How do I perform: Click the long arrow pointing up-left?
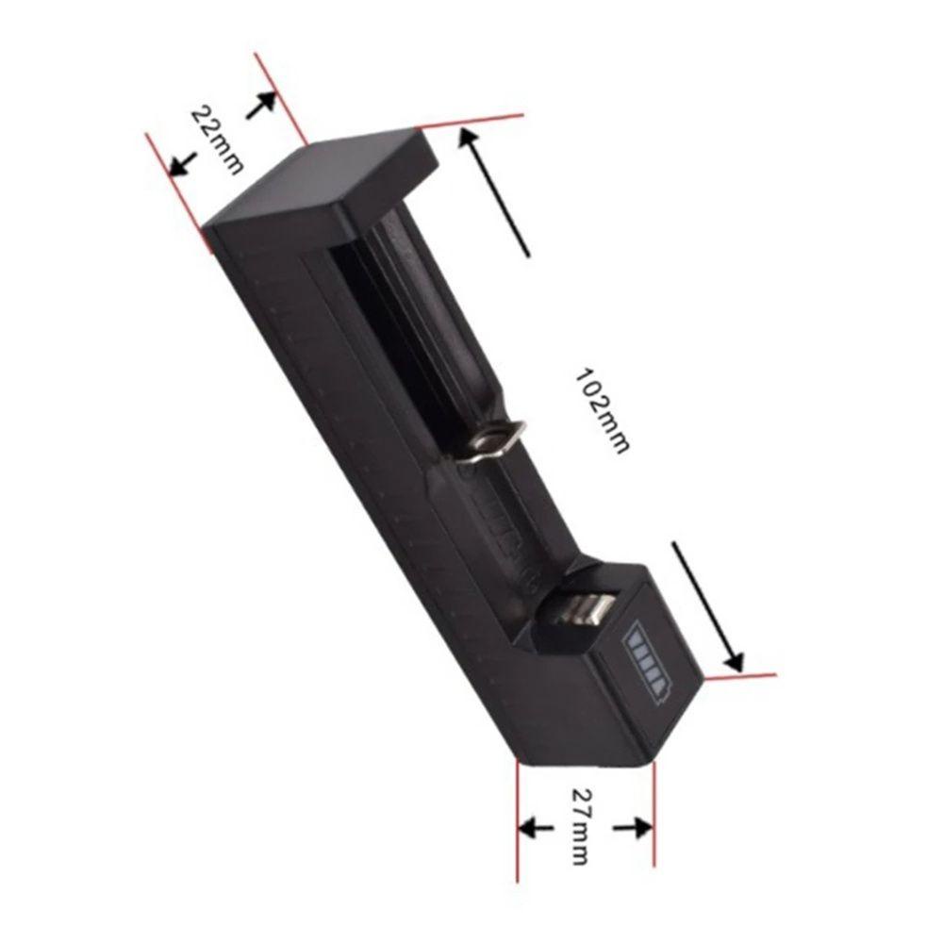pos(494,192)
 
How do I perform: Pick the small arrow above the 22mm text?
pos(260,105)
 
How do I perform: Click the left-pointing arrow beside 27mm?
pos(538,828)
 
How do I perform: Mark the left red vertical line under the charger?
pos(518,820)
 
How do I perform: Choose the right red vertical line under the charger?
pos(653,820)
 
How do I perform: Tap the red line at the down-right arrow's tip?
pos(740,676)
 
